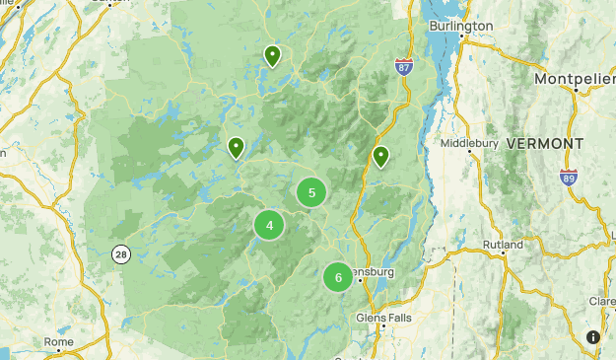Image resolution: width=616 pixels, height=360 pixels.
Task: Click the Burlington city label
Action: (x=461, y=26)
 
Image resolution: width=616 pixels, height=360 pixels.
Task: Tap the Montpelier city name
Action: (x=575, y=78)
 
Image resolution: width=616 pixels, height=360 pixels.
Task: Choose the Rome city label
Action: (x=59, y=342)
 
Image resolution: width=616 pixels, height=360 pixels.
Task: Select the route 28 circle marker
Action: (x=120, y=253)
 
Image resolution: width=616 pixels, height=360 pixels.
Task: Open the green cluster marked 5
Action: (x=311, y=192)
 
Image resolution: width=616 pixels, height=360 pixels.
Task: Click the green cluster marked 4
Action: (x=269, y=226)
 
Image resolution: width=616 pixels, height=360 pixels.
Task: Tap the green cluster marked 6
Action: (x=338, y=277)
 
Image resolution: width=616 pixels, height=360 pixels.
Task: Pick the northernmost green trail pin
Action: (x=272, y=55)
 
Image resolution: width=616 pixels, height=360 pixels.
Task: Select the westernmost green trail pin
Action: (x=236, y=147)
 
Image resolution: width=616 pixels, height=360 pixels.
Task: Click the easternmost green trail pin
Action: (x=380, y=156)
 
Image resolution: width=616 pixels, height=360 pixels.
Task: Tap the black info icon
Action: (x=593, y=337)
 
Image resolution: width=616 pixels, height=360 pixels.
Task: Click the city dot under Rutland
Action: (x=504, y=254)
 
